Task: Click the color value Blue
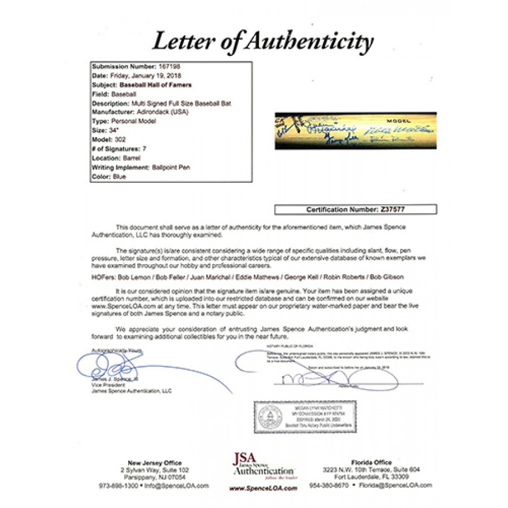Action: [x=120, y=177]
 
